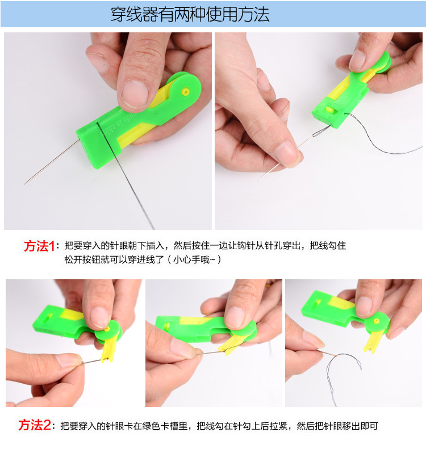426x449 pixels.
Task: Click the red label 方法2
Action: point(35,425)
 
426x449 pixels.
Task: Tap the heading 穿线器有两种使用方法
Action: point(190,14)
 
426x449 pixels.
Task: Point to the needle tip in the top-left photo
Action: point(26,182)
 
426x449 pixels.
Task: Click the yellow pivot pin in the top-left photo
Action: point(185,90)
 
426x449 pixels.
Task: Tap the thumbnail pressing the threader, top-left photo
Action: point(135,93)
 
